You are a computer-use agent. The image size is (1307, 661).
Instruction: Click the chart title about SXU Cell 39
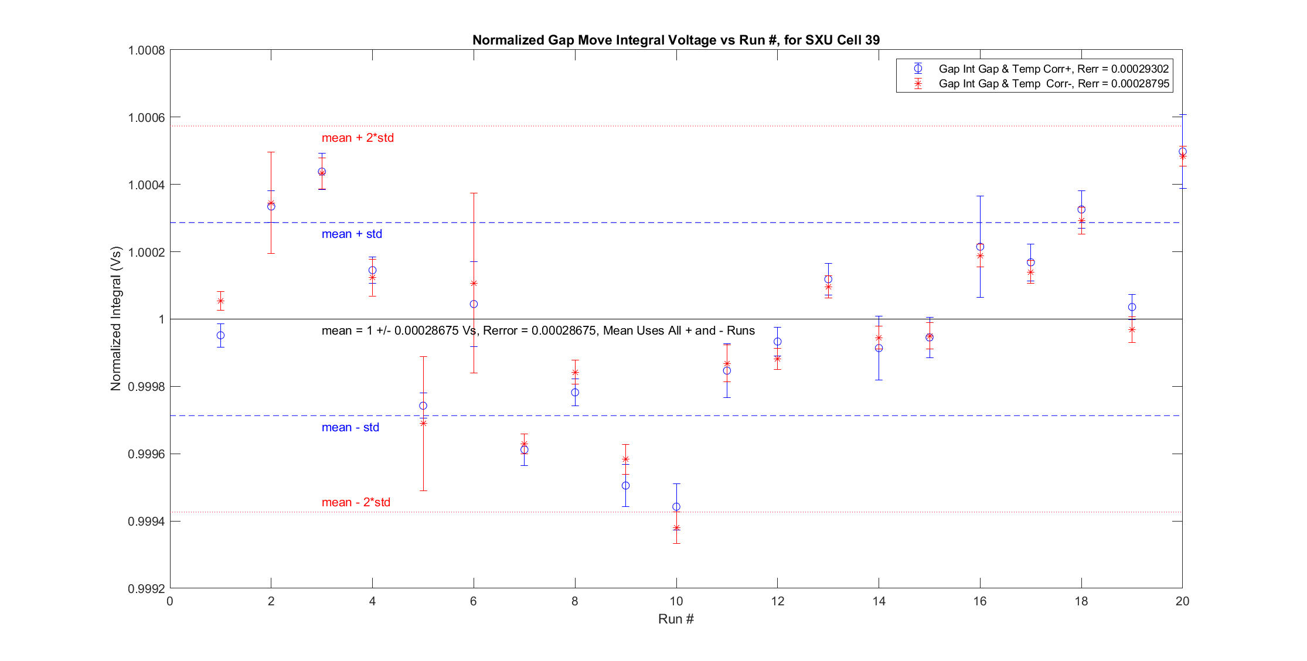point(676,40)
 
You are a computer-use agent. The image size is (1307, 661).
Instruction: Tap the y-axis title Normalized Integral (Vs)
point(116,319)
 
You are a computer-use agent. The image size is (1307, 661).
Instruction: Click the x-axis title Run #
point(676,619)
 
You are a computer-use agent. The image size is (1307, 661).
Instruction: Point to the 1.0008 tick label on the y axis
point(147,50)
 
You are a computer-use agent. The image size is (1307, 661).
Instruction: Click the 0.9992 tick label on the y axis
point(147,588)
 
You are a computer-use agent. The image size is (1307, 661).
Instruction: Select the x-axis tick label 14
point(879,601)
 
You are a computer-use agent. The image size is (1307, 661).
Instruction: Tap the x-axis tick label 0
point(170,601)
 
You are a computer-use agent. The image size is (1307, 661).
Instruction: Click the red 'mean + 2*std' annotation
point(358,138)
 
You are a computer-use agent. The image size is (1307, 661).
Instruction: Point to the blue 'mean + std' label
point(352,234)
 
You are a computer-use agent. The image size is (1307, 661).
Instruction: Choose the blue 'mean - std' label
point(350,427)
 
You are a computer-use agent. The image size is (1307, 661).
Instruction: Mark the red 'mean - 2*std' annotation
point(356,502)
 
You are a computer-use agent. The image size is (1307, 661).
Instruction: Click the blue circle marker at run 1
point(220,335)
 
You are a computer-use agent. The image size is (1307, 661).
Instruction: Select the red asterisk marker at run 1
point(220,301)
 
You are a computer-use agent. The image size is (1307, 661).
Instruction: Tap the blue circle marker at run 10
point(676,506)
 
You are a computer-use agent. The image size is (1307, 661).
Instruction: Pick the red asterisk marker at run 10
point(676,528)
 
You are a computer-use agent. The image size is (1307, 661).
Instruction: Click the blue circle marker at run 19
point(1132,307)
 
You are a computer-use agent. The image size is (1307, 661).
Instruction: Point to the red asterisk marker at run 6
point(474,284)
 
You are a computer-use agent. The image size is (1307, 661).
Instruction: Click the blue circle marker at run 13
point(828,279)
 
